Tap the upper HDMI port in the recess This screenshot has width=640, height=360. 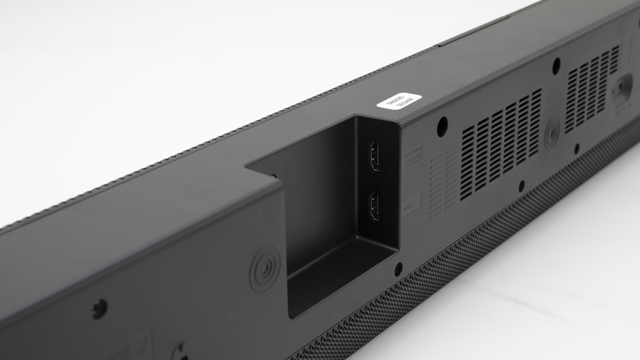375,156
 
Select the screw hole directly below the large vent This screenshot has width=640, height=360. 521,186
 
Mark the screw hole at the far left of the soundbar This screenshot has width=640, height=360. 99,308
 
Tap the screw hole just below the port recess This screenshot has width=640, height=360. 398,269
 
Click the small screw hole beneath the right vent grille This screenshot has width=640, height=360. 576,149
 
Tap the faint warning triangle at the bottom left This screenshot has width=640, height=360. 141,344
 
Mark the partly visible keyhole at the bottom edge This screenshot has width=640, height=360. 182,351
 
